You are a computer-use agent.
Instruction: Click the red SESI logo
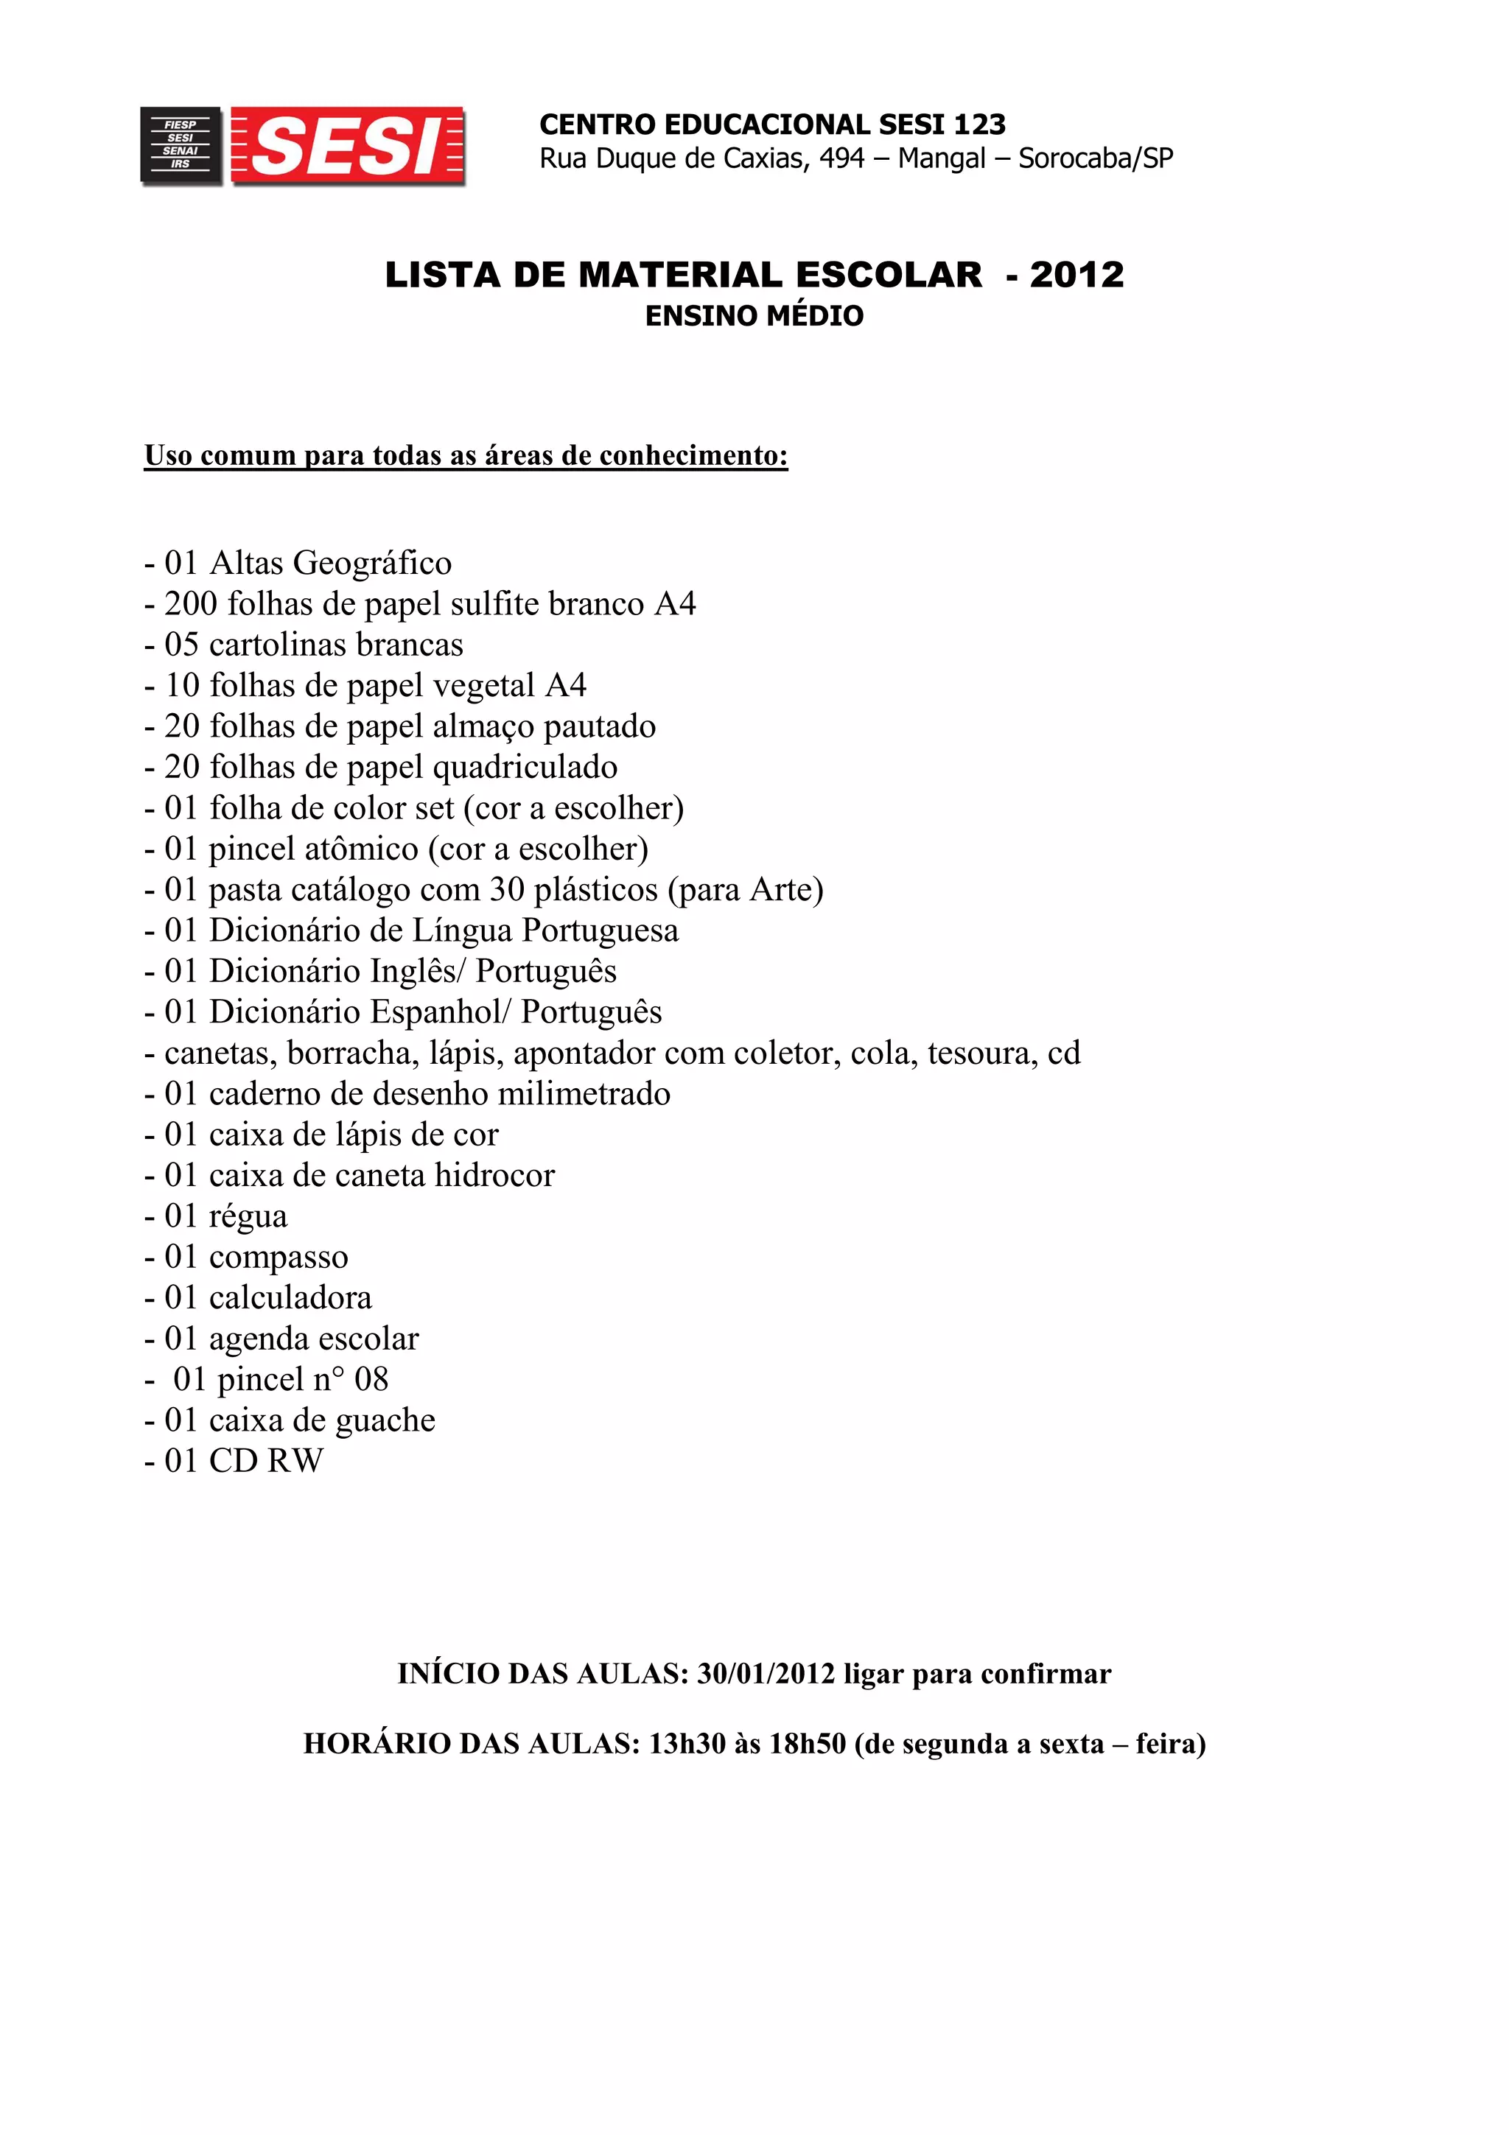click(348, 147)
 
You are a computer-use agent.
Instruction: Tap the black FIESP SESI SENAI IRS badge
click(181, 145)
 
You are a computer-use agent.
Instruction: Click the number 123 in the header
click(979, 125)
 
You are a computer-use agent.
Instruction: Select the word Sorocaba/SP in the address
click(1095, 159)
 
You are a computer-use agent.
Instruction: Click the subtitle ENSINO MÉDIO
click(754, 316)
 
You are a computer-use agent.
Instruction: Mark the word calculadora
click(290, 1299)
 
